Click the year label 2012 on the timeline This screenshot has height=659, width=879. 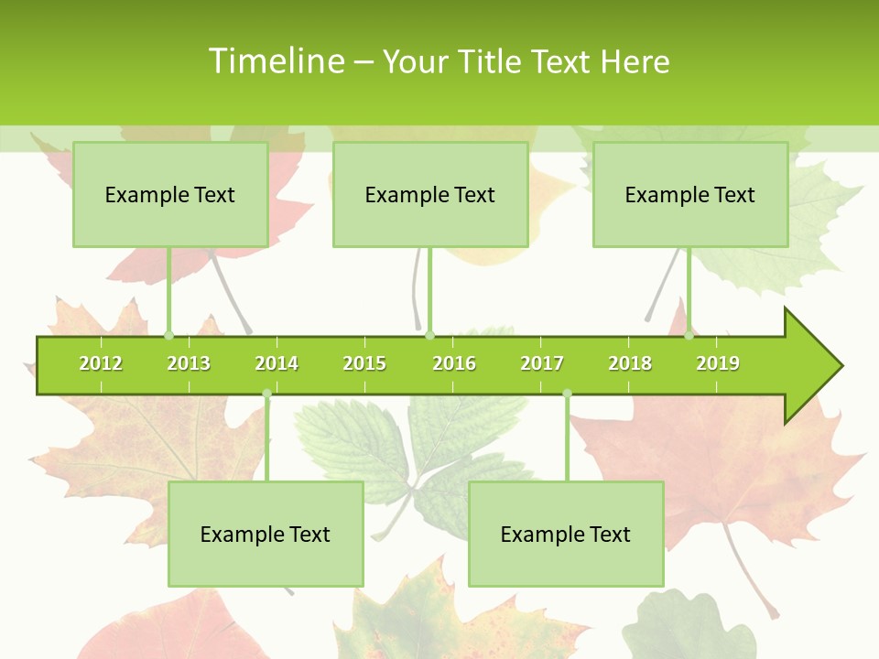[101, 363]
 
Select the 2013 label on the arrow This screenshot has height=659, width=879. [189, 363]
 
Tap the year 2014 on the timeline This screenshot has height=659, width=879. [277, 363]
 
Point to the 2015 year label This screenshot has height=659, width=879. [364, 363]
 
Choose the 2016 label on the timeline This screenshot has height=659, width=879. [454, 363]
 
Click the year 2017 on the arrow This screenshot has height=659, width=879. [542, 363]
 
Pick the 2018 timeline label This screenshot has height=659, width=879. [630, 363]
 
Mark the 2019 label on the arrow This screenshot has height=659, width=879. [718, 363]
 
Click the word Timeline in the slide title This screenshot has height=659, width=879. [275, 61]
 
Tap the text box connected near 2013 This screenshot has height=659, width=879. [170, 195]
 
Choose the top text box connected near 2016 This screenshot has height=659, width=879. [430, 195]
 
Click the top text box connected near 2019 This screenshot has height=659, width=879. [690, 195]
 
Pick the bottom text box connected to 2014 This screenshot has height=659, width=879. [266, 535]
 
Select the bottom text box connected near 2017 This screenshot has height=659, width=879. [566, 535]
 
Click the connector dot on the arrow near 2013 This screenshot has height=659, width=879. [168, 335]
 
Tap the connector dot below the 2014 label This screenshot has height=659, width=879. [266, 394]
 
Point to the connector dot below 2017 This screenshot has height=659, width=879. [567, 394]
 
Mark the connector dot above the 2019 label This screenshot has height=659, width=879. [689, 335]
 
